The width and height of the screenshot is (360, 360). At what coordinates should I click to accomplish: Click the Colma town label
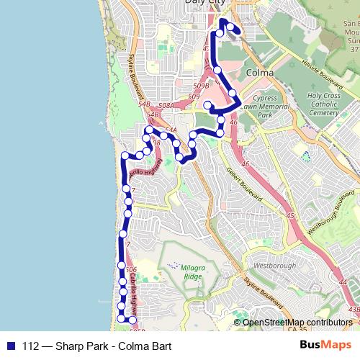259,73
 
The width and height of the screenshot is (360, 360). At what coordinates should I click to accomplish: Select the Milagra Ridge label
179,271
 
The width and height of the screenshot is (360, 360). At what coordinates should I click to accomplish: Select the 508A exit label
166,106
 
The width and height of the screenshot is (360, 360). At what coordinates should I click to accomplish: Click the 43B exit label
353,309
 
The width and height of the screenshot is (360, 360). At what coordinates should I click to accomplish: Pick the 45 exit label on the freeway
289,216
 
